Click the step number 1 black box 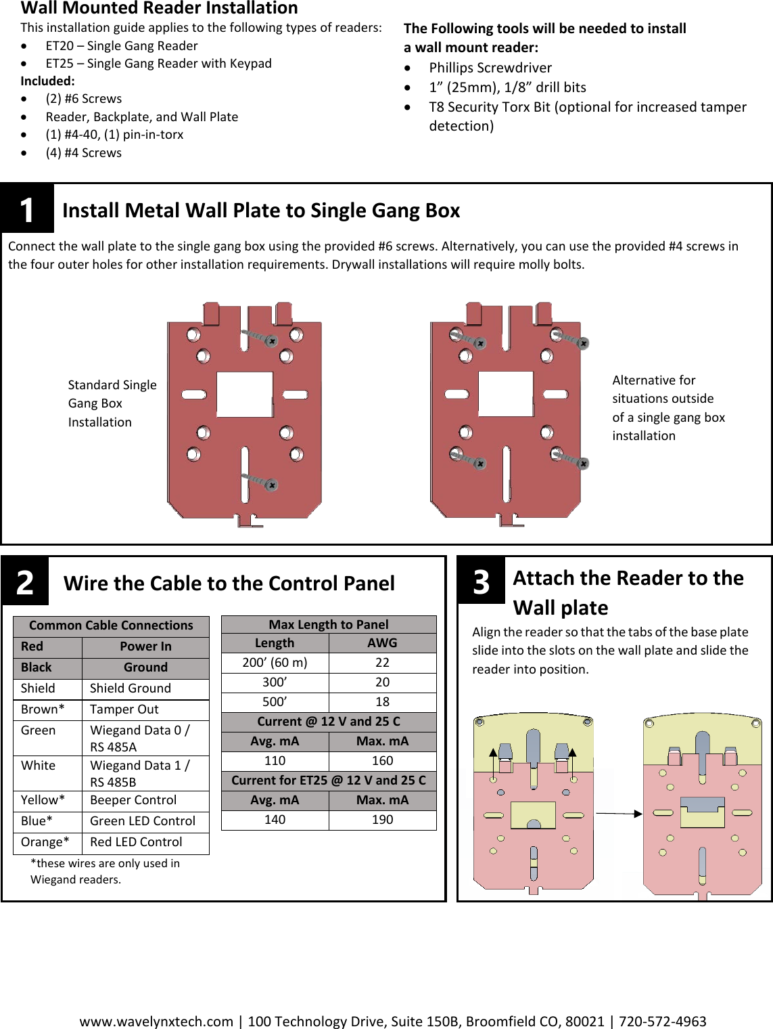click(27, 209)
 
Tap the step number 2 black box click(25, 582)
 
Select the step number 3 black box click(481, 580)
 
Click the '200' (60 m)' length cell click(275, 663)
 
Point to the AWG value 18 click(382, 702)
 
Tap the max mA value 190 click(382, 820)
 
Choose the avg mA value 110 click(275, 761)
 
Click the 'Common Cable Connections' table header click(111, 626)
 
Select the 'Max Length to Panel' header click(329, 624)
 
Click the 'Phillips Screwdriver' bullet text click(490, 68)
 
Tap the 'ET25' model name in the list click(60, 64)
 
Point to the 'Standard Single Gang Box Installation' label click(112, 403)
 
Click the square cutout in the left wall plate click(244, 394)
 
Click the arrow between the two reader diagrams click(618, 813)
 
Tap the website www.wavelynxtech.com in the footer click(156, 1021)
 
